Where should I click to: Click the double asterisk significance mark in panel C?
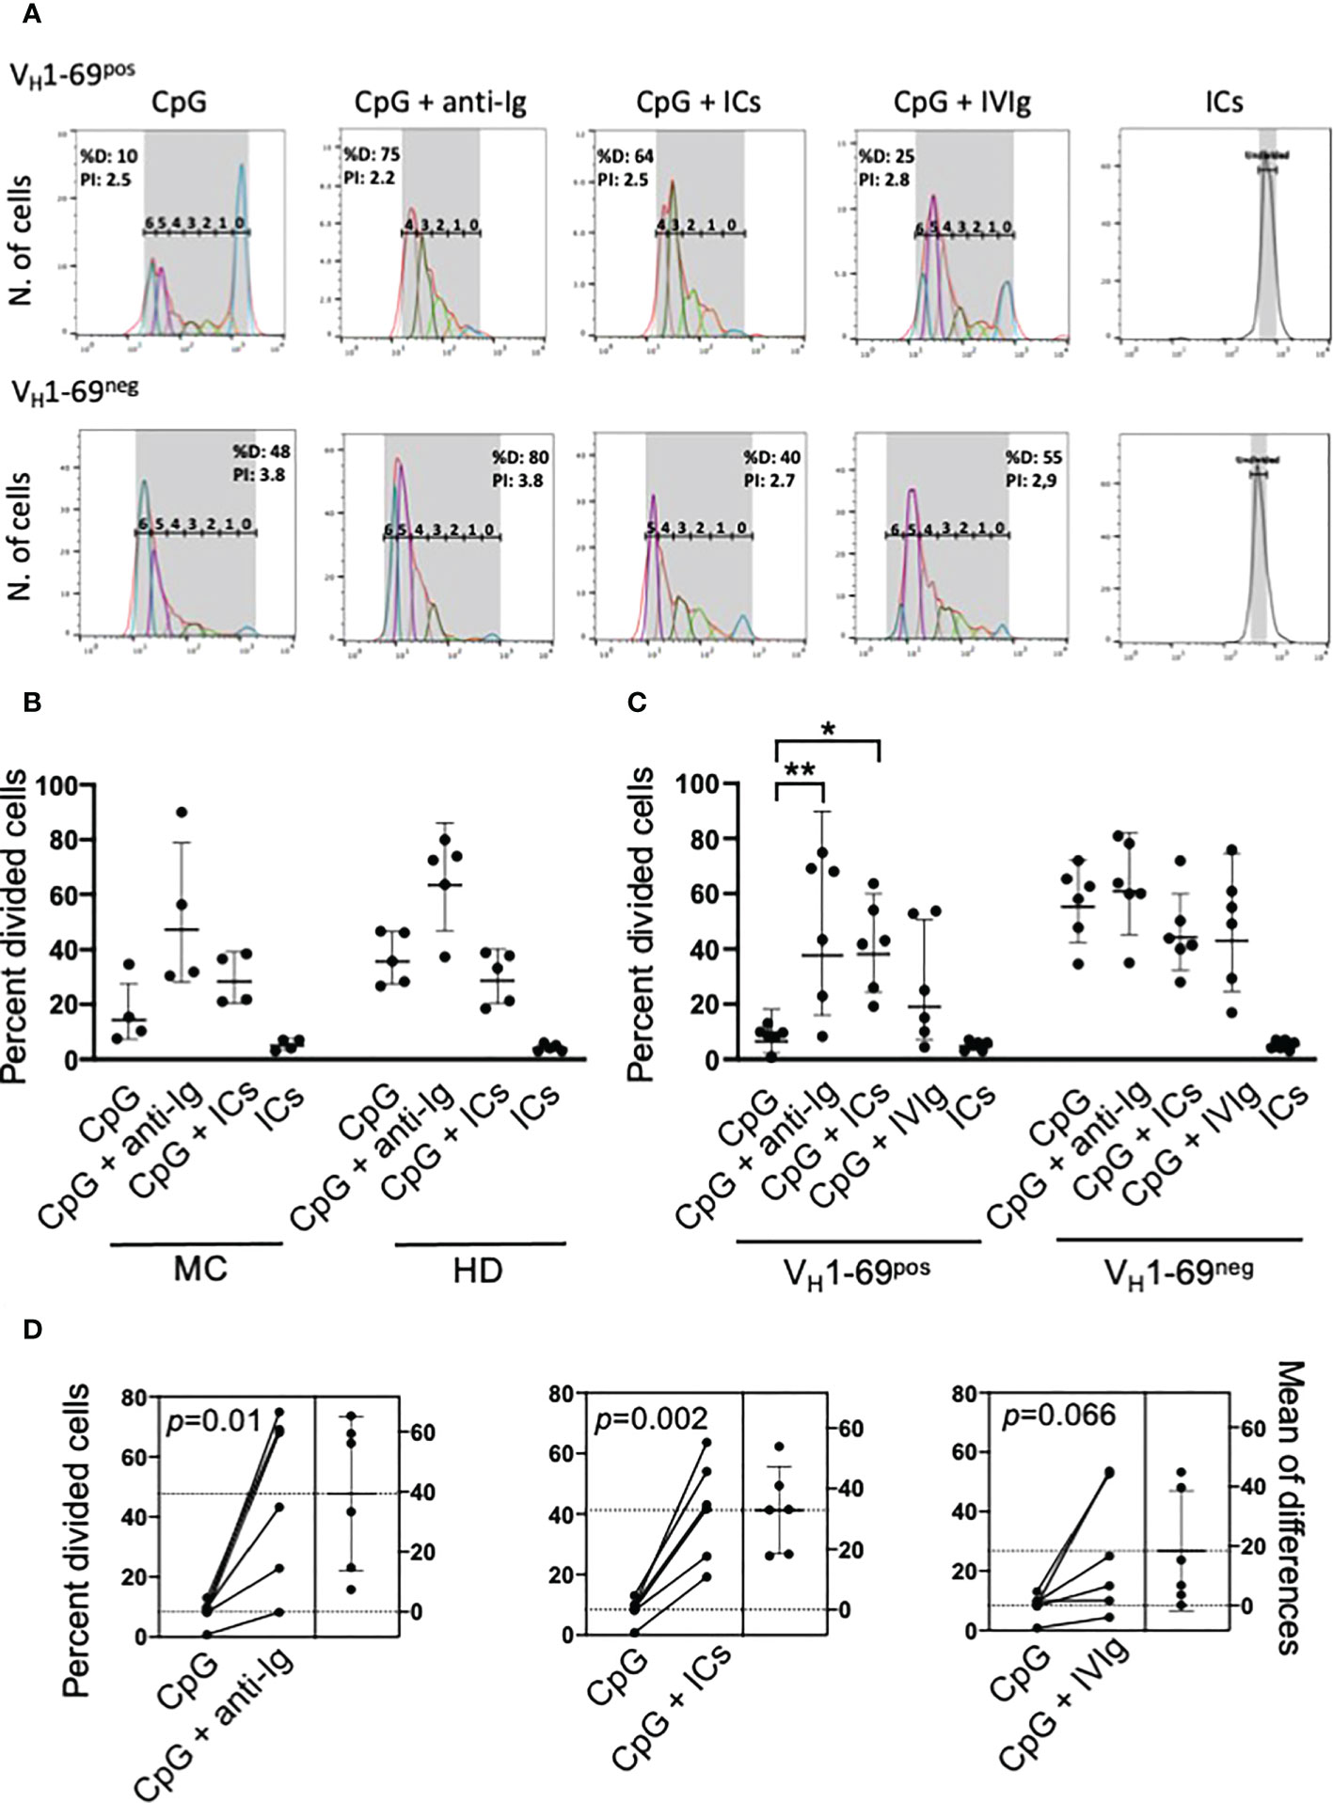coord(801,771)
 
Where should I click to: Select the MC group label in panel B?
coord(198,1271)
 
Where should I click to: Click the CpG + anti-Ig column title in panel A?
coord(442,102)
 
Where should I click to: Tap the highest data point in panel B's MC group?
coord(182,813)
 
